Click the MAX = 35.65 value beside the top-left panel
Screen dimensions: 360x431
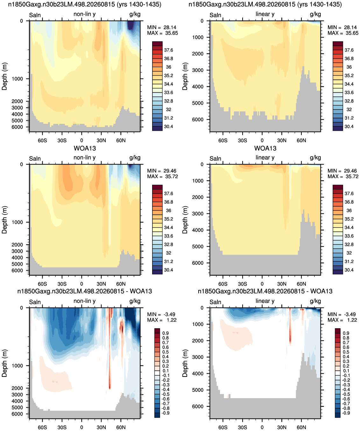[162, 33]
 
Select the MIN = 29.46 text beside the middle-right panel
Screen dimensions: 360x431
[343, 171]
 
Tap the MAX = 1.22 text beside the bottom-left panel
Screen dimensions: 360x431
[162, 320]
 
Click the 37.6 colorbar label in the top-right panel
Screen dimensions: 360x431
[349, 50]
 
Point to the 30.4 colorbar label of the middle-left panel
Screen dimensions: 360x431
[168, 270]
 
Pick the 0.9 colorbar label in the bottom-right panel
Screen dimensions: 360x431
[346, 333]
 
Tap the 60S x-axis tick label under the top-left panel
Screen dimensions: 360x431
[42, 140]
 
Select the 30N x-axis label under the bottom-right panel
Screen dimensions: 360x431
[282, 427]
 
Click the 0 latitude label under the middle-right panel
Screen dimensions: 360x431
[262, 284]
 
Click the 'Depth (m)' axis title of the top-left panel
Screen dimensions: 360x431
[4, 76]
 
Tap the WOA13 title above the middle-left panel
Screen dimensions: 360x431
[85, 148]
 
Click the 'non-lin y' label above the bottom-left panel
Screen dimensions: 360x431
[85, 301]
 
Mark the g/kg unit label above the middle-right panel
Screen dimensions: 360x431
[315, 158]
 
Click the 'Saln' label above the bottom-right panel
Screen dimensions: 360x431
[215, 302]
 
